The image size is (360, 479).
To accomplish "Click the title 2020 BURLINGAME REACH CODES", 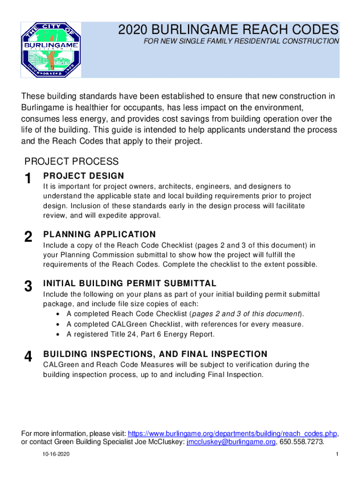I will click(x=228, y=30).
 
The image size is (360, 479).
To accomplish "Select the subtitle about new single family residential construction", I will click(x=241, y=42).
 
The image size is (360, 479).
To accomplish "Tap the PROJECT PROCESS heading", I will click(x=72, y=162).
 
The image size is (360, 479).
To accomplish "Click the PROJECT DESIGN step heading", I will click(x=84, y=176).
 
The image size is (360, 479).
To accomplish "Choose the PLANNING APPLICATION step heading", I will click(x=100, y=234).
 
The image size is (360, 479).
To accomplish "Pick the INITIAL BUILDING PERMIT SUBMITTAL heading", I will click(x=130, y=283).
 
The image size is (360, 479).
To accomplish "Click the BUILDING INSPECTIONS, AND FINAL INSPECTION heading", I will click(x=155, y=354).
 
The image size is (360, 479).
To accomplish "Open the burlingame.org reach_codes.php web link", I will click(x=232, y=433).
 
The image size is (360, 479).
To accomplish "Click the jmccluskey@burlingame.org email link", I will click(x=231, y=442).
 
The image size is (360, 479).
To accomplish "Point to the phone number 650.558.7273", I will click(x=302, y=442).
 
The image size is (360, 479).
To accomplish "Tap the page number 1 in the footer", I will click(x=336, y=455).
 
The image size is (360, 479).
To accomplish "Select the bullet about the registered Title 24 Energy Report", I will click(x=141, y=334).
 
